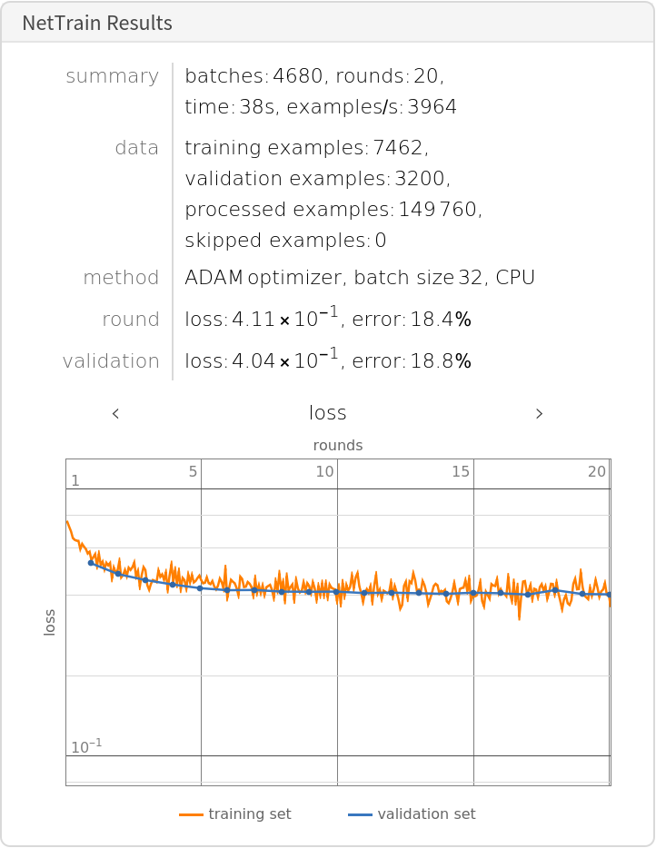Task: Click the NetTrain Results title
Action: coord(97,24)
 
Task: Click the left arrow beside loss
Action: coord(115,414)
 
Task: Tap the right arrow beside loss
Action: coord(539,414)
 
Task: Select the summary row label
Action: coord(112,76)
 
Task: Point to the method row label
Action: coord(121,278)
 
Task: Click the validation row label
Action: coord(111,361)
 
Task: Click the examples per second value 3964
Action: coord(432,107)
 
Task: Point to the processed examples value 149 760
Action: coord(438,210)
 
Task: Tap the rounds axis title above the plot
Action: coord(338,446)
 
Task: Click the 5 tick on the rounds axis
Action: coord(193,471)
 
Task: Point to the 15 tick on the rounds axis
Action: coord(461,471)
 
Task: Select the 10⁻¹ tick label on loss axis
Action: coord(86,747)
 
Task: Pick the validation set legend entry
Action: coord(426,814)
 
